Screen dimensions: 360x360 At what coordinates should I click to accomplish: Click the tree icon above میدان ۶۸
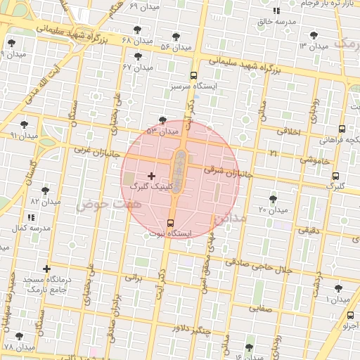(136, 30)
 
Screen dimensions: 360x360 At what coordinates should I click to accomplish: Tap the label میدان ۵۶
(176, 47)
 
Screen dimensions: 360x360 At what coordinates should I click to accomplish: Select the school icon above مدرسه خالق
(276, 11)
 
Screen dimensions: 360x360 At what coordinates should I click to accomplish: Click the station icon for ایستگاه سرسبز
(193, 75)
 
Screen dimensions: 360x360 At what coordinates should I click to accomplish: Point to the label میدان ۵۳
(163, 131)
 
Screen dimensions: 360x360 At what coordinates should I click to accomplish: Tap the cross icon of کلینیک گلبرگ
(151, 175)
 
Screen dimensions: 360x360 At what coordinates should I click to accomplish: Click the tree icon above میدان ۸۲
(45, 190)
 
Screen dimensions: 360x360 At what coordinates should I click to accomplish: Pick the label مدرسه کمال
(31, 229)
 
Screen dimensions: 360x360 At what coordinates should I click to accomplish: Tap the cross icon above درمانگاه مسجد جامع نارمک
(46, 269)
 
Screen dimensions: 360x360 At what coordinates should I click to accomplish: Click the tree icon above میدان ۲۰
(273, 199)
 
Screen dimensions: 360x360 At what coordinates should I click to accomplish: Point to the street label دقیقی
(308, 230)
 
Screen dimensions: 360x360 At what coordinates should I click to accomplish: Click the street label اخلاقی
(288, 131)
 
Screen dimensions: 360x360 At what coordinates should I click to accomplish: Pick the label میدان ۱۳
(314, 46)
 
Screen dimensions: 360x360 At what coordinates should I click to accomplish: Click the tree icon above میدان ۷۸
(19, 336)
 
